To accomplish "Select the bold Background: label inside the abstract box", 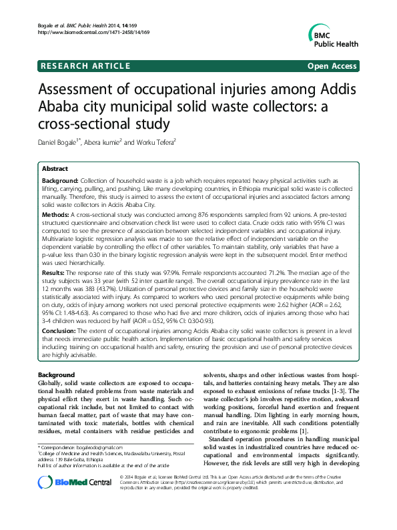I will pos(60,181).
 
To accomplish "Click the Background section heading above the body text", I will pos(56,375).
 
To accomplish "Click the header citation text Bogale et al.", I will pos(54,25).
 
